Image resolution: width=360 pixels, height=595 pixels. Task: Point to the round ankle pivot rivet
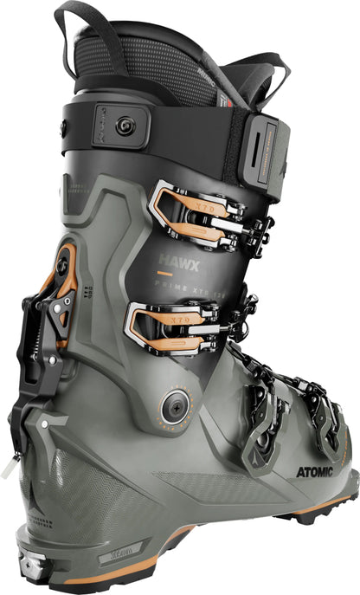coord(174,402)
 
